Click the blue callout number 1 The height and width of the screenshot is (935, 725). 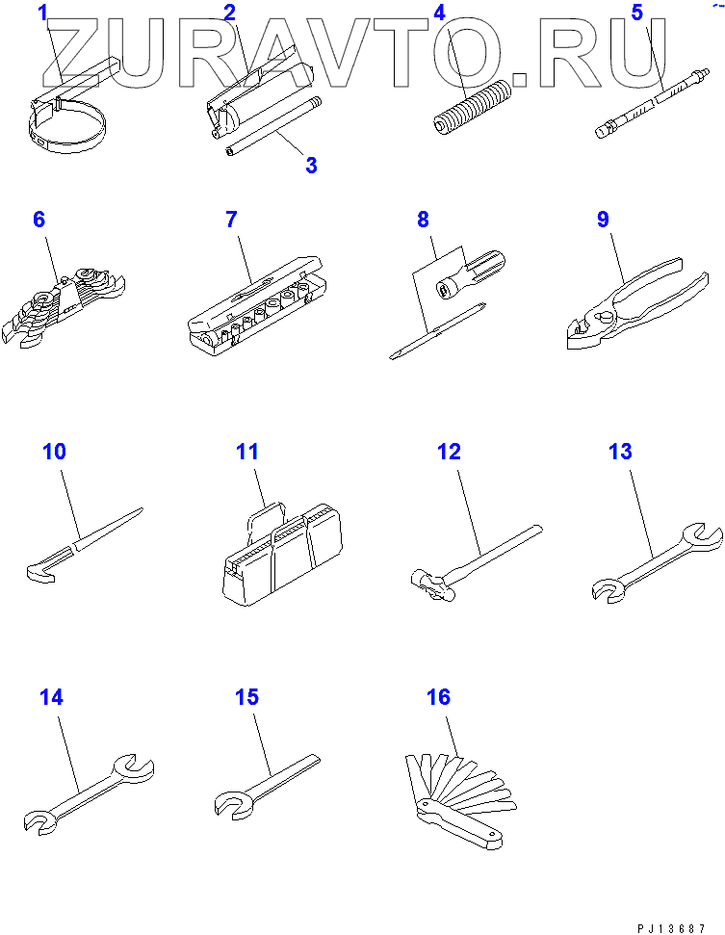[x=42, y=13]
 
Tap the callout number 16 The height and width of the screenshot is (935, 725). [x=438, y=696]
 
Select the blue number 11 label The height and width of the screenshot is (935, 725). [x=247, y=452]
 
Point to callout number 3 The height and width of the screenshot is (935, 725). [x=311, y=166]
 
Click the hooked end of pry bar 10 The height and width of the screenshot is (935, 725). [x=42, y=572]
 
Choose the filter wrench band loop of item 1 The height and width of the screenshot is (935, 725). [x=66, y=129]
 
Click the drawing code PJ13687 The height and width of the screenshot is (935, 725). [x=672, y=928]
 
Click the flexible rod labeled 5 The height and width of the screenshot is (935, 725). [x=652, y=103]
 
